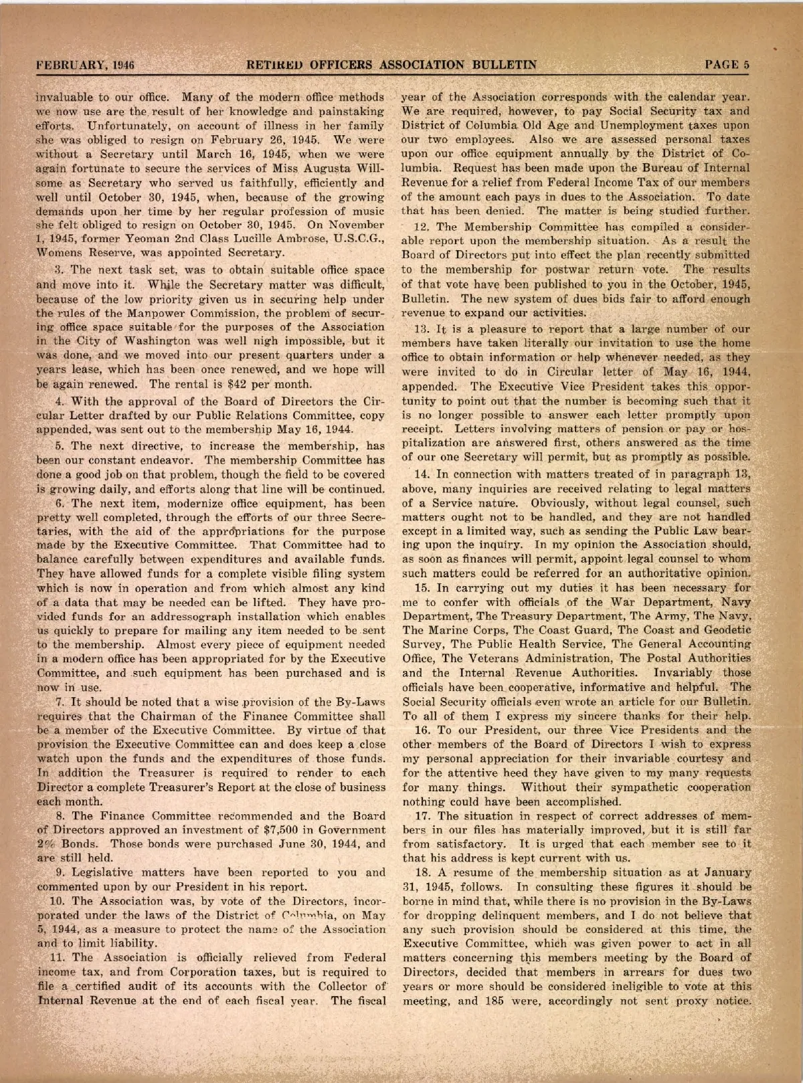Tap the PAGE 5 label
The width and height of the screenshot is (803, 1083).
click(x=727, y=65)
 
